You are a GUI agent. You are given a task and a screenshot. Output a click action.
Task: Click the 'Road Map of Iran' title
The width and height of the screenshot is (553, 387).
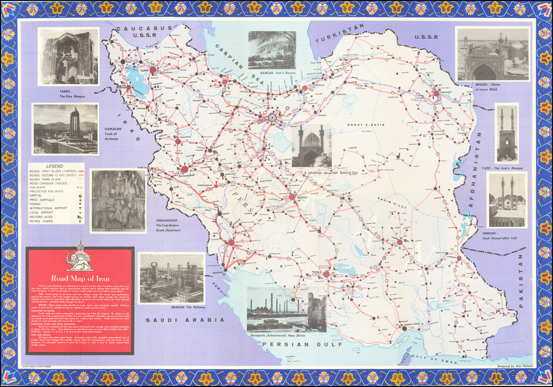click(79, 279)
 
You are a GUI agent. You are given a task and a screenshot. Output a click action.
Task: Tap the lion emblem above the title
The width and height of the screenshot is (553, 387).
click(79, 260)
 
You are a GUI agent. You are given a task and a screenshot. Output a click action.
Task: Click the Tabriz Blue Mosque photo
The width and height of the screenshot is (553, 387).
click(68, 56)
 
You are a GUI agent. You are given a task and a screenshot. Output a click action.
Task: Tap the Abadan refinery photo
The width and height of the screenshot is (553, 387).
click(172, 278)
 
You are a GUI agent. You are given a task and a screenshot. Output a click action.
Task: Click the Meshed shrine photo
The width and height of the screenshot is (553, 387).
click(492, 54)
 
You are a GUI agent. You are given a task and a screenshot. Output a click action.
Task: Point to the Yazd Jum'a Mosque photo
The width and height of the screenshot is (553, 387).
click(507, 133)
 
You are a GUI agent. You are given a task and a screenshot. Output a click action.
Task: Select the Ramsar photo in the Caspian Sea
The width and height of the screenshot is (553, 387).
click(272, 50)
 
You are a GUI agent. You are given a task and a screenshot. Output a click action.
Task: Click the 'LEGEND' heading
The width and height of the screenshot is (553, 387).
click(55, 166)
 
